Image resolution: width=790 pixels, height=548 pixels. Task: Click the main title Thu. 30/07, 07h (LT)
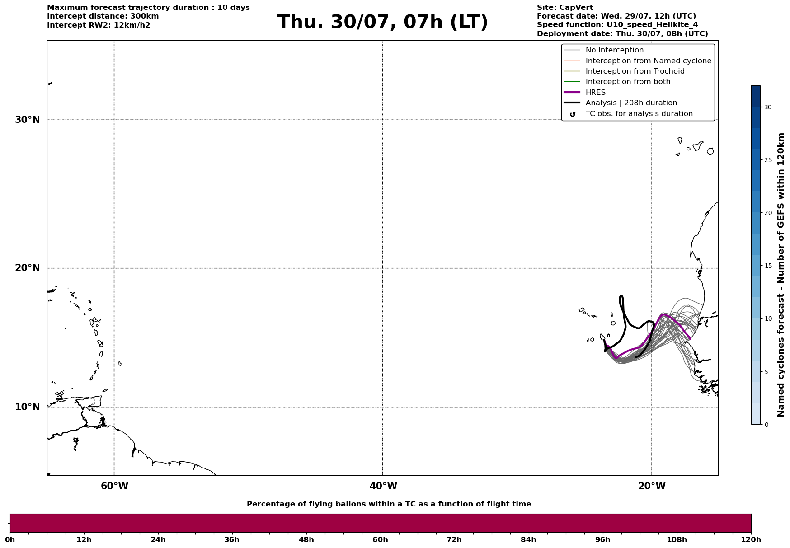click(382, 22)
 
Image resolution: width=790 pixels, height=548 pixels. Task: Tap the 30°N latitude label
click(28, 120)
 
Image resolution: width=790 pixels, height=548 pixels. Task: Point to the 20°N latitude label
click(28, 268)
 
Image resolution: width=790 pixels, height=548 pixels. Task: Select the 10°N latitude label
click(28, 407)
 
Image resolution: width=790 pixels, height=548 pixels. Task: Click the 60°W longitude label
click(114, 486)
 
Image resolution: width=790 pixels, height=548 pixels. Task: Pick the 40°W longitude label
click(383, 486)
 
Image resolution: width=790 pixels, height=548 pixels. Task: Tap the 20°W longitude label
click(652, 486)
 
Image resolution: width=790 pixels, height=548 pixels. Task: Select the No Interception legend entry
click(604, 50)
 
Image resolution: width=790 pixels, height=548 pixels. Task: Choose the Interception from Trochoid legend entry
click(624, 71)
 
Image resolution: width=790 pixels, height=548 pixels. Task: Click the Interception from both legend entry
click(617, 82)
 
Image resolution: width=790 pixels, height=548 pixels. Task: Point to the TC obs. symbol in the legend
click(573, 114)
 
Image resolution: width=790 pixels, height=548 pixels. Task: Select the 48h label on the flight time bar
click(306, 539)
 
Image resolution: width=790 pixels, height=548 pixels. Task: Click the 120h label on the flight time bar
click(751, 539)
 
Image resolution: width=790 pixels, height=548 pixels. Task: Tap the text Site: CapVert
click(565, 8)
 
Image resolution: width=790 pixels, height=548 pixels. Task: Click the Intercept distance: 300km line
click(103, 16)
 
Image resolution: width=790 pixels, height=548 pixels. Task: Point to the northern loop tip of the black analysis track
click(621, 296)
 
